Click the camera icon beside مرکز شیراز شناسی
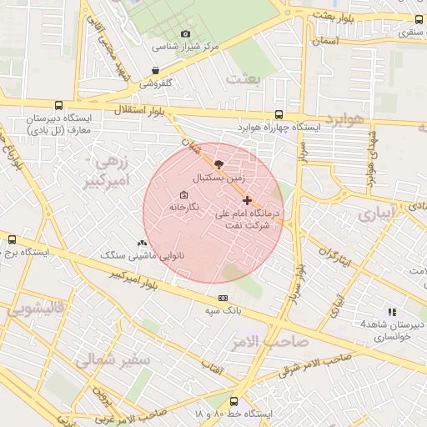(185, 33)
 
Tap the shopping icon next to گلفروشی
(156, 71)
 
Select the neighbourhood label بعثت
(244, 78)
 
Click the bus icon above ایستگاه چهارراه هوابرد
(279, 115)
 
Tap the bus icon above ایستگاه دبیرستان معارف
(58, 106)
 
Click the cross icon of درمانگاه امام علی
(247, 200)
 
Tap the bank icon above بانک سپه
(223, 298)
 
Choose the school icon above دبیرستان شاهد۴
(393, 312)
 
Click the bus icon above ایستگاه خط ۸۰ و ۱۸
(234, 401)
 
